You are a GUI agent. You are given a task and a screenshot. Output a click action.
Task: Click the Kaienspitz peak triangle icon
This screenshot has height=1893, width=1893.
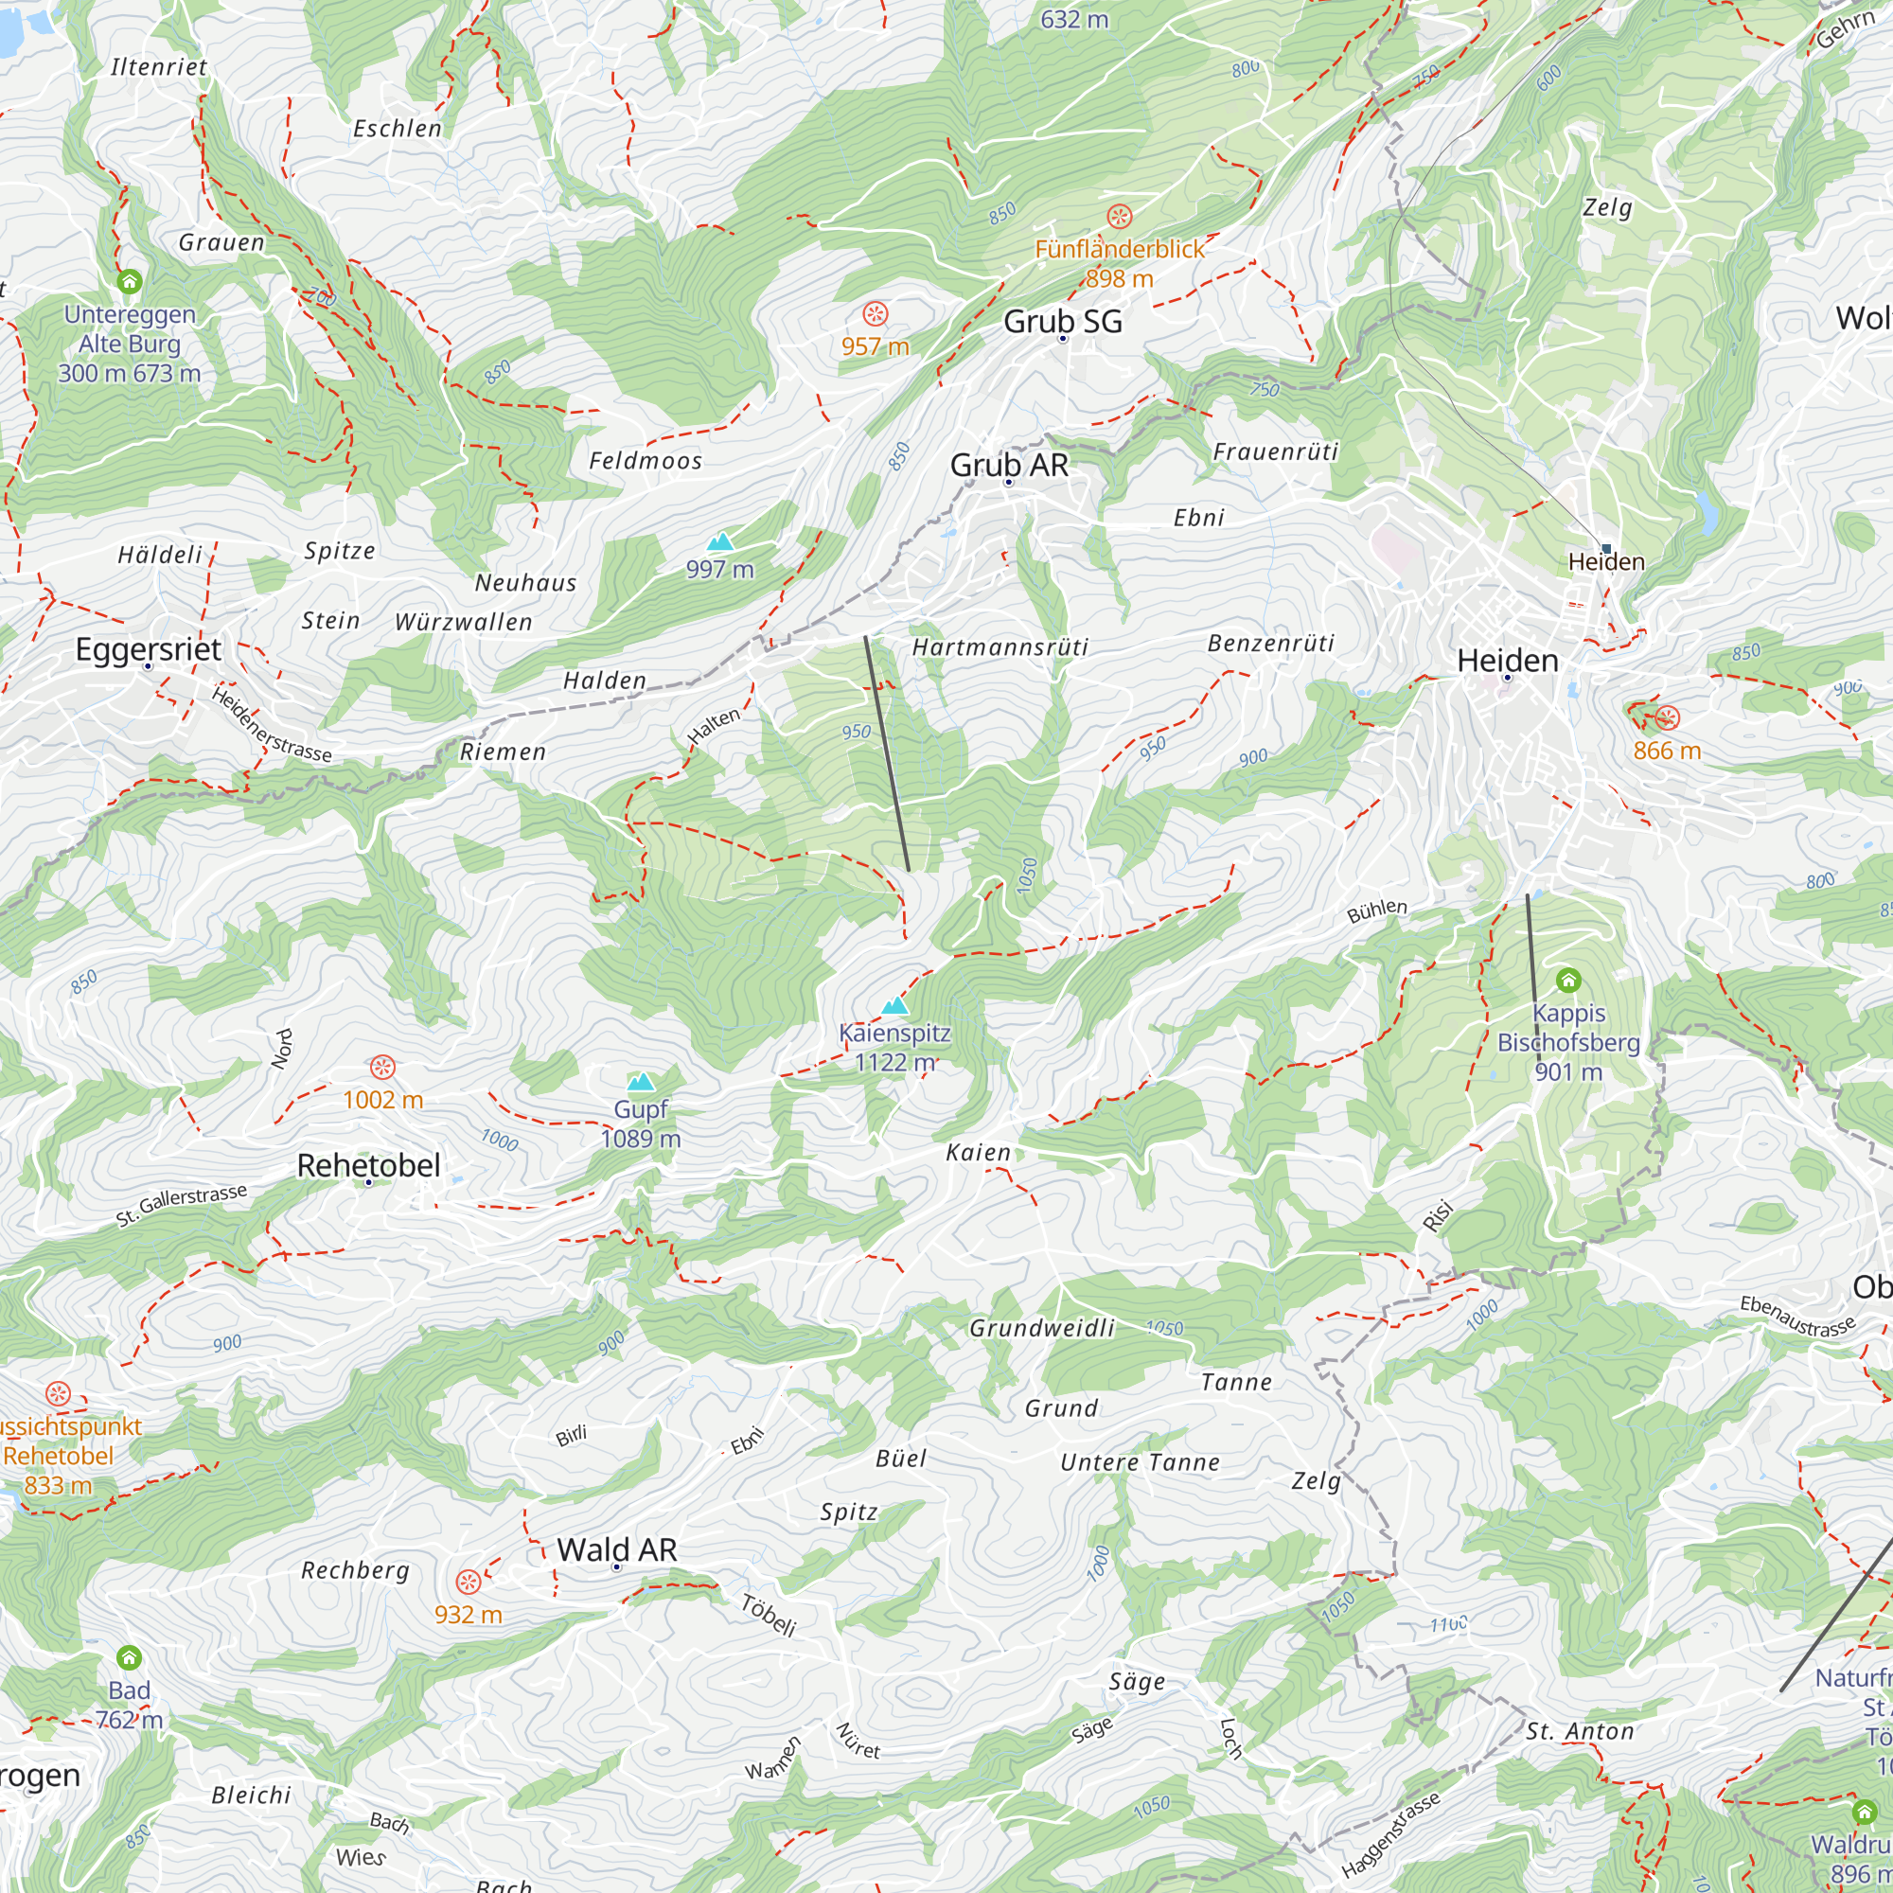point(894,1005)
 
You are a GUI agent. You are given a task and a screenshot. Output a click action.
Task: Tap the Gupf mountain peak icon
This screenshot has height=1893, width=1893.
point(641,1082)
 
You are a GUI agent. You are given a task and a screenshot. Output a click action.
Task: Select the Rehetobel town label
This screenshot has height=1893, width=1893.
point(368,1165)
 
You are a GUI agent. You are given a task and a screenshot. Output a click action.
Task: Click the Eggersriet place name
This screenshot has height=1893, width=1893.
point(148,648)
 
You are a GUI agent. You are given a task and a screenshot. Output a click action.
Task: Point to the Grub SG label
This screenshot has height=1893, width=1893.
point(1062,322)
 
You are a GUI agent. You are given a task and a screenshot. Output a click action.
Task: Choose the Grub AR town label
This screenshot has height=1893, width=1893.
point(1009,465)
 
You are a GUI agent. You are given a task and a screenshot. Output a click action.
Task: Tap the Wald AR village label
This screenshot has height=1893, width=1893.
point(616,1549)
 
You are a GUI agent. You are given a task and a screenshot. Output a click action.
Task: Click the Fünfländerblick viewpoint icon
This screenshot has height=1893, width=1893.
point(1119,217)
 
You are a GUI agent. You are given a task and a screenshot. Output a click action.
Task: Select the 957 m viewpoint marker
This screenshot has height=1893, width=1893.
point(875,314)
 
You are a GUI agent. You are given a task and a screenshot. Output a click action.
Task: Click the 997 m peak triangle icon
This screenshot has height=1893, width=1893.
point(720,541)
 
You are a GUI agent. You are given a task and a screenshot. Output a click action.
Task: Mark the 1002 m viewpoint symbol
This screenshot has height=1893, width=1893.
point(382,1066)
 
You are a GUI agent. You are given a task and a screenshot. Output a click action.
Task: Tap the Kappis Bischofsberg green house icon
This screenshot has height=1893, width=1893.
point(1567,980)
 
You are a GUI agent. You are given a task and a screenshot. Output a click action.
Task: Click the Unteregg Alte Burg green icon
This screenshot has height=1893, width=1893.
point(130,282)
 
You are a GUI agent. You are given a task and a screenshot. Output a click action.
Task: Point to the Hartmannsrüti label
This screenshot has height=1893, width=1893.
point(1000,646)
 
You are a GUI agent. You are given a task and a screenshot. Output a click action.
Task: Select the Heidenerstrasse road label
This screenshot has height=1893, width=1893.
point(272,725)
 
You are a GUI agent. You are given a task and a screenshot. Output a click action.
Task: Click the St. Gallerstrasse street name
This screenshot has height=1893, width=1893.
point(182,1205)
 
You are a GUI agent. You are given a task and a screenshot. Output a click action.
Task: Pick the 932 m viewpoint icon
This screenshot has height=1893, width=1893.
point(469,1582)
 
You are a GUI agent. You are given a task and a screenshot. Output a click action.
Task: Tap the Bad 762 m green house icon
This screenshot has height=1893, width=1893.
point(130,1658)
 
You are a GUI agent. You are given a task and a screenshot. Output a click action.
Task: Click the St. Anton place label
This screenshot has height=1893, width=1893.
point(1580,1731)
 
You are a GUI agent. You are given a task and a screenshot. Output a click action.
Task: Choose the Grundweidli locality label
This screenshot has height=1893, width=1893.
point(1041,1328)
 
